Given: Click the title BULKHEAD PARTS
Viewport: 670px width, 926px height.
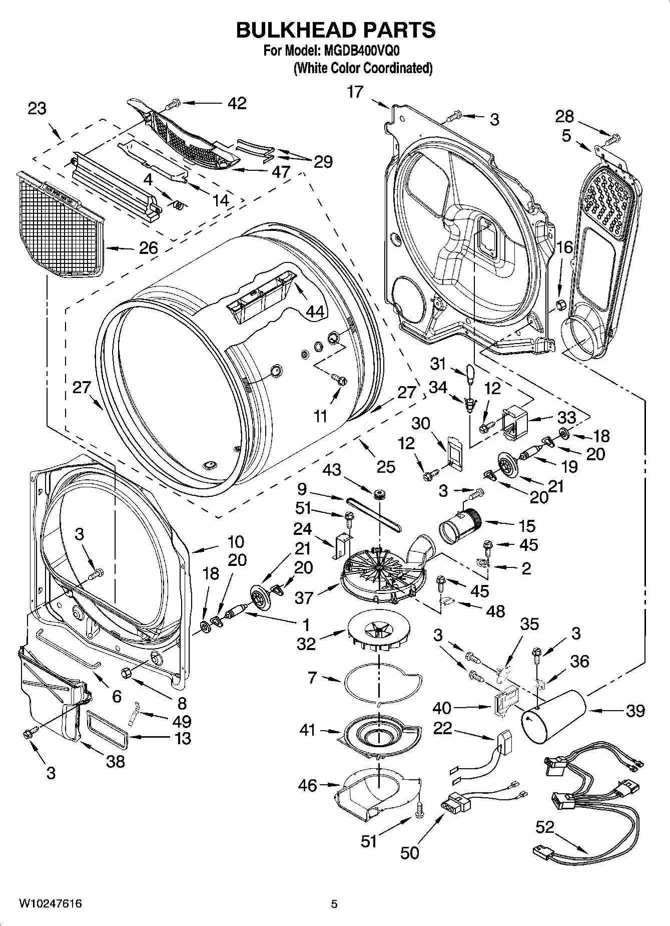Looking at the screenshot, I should pos(335,30).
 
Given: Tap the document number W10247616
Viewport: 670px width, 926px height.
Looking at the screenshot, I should pos(51,903).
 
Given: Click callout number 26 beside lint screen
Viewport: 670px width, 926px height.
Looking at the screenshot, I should pos(148,247).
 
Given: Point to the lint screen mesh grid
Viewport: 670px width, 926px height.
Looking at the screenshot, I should pos(60,225).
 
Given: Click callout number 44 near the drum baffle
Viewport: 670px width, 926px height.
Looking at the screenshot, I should pos(315,312).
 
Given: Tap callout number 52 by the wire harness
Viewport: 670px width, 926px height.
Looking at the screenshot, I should pos(545,827).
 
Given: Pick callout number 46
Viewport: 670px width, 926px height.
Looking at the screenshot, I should pos(308,785).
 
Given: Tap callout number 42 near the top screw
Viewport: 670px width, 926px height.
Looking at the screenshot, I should pos(237,103).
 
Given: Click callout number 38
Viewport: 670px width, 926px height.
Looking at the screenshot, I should pos(115,762).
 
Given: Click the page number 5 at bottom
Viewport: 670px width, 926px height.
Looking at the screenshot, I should pos(334,904).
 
